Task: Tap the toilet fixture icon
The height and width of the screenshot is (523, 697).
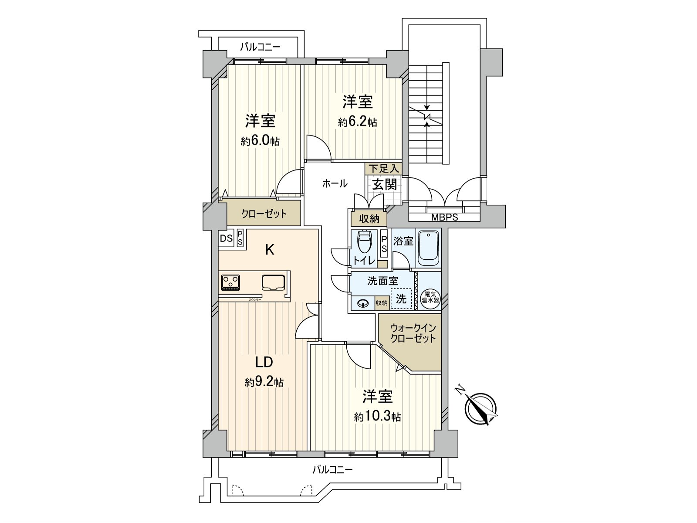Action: coord(364,244)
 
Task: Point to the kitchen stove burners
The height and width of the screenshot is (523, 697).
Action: coord(230,282)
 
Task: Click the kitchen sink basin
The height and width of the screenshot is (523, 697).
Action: coord(273,282)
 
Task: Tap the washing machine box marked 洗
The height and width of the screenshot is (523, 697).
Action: coord(401,299)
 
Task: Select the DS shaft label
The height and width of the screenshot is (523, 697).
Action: coord(226,239)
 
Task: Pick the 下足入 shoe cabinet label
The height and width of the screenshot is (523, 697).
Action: coord(383,169)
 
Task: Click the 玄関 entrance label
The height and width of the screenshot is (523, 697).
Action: coord(384,184)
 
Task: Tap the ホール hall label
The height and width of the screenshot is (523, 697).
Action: coord(335,183)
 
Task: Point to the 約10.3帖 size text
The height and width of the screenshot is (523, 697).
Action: coord(377,417)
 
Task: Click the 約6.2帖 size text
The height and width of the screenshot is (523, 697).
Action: coord(357,122)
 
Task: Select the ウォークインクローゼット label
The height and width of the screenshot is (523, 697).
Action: coord(413,333)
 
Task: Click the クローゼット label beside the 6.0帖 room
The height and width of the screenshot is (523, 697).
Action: coord(264,214)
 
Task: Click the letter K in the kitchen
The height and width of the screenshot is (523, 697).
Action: coord(270,250)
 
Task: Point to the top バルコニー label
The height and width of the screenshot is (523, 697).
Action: coord(260,47)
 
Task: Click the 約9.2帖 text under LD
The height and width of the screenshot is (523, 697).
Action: coord(264,382)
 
